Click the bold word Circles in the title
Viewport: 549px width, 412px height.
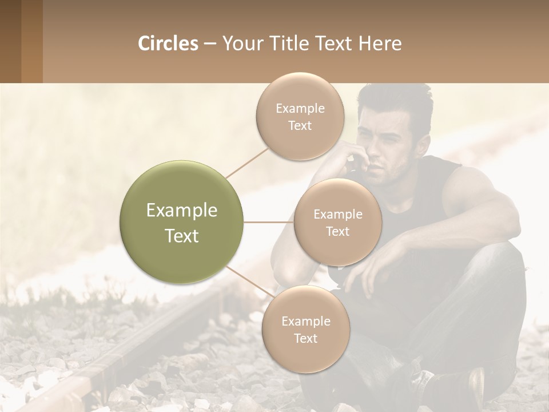point(168,43)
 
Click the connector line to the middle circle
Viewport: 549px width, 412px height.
point(269,222)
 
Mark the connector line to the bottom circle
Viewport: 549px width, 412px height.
point(246,280)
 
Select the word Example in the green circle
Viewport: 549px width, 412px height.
point(182,211)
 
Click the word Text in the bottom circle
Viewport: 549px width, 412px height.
point(305,338)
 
